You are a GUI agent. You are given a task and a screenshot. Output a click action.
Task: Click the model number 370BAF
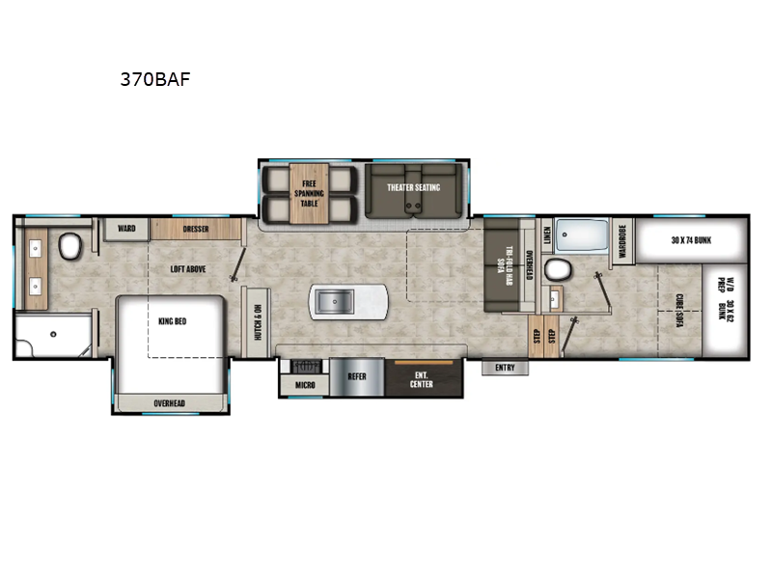pyautogui.click(x=154, y=80)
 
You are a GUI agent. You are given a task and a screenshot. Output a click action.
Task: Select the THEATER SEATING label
pyautogui.click(x=413, y=187)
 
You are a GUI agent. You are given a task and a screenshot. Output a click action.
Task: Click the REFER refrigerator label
pyautogui.click(x=357, y=376)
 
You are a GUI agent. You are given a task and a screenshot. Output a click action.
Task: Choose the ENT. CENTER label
pyautogui.click(x=422, y=378)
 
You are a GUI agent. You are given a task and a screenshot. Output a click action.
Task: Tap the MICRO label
pyautogui.click(x=303, y=385)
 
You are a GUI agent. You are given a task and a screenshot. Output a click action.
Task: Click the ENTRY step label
pyautogui.click(x=505, y=368)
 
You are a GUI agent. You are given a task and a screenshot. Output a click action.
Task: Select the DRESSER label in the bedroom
pyautogui.click(x=196, y=229)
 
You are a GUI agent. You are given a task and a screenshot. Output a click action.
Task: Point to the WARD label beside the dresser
pyautogui.click(x=126, y=229)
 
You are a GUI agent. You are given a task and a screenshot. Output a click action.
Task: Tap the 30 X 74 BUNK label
pyautogui.click(x=691, y=239)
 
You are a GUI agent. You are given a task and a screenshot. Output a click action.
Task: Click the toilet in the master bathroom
pyautogui.click(x=69, y=248)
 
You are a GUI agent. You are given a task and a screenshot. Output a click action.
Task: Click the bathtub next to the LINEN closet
pyautogui.click(x=582, y=235)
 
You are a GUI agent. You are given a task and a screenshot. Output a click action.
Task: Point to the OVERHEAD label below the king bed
pyautogui.click(x=169, y=402)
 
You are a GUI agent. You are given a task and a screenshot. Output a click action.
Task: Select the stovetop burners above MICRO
pyautogui.click(x=306, y=366)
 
